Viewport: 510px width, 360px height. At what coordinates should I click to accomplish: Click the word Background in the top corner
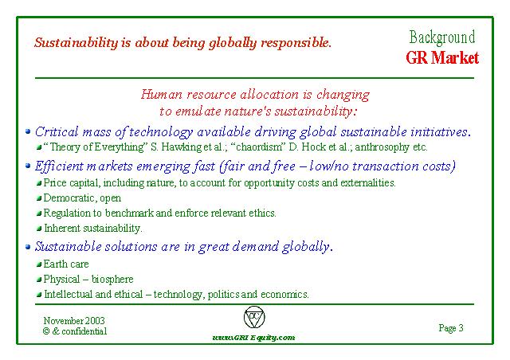click(442, 37)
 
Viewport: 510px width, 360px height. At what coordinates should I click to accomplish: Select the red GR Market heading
click(442, 58)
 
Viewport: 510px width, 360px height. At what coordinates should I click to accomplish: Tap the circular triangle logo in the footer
click(254, 317)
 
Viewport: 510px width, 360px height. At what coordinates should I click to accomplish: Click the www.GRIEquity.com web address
click(253, 338)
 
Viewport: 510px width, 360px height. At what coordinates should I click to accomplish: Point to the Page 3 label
click(451, 328)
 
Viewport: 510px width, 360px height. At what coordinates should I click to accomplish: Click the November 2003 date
click(74, 321)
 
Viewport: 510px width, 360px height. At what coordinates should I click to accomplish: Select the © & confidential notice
click(75, 331)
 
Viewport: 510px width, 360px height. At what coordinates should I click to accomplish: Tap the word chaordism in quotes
click(257, 147)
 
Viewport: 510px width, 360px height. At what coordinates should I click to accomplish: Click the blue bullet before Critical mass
click(28, 131)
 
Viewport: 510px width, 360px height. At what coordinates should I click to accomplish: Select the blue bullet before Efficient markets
click(28, 166)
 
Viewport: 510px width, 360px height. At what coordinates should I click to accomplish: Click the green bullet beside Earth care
click(39, 264)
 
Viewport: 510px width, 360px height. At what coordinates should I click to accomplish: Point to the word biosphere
click(112, 280)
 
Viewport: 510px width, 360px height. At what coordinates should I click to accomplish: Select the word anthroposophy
click(382, 147)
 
